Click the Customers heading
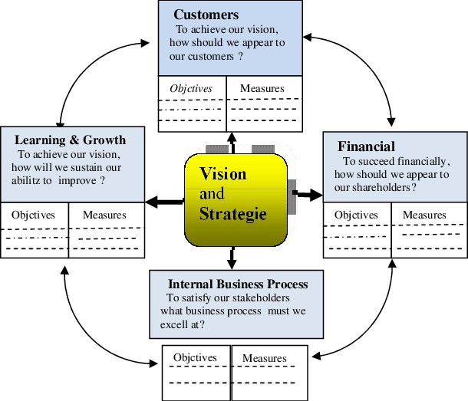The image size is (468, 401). (206, 15)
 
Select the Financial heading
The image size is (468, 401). (367, 146)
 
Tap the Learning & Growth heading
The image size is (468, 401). (70, 140)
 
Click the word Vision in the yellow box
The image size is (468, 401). (223, 173)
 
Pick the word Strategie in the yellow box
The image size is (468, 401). (233, 213)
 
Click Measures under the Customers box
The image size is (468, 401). (262, 88)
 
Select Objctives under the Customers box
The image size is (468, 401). (191, 88)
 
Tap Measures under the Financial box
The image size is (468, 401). (424, 215)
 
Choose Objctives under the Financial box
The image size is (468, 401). (356, 215)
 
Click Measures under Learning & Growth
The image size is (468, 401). (104, 215)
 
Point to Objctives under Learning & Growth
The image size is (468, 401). (34, 215)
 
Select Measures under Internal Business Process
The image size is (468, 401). (265, 358)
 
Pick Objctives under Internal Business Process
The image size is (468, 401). (195, 357)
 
